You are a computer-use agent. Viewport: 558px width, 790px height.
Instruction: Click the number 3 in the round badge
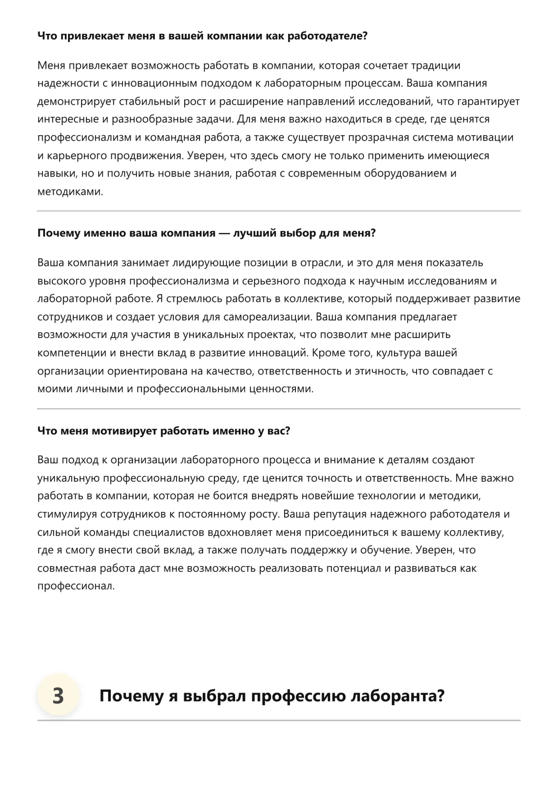58,696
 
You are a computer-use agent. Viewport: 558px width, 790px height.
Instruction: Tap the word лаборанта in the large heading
397,696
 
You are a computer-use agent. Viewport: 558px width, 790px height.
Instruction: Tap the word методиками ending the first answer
70,192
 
